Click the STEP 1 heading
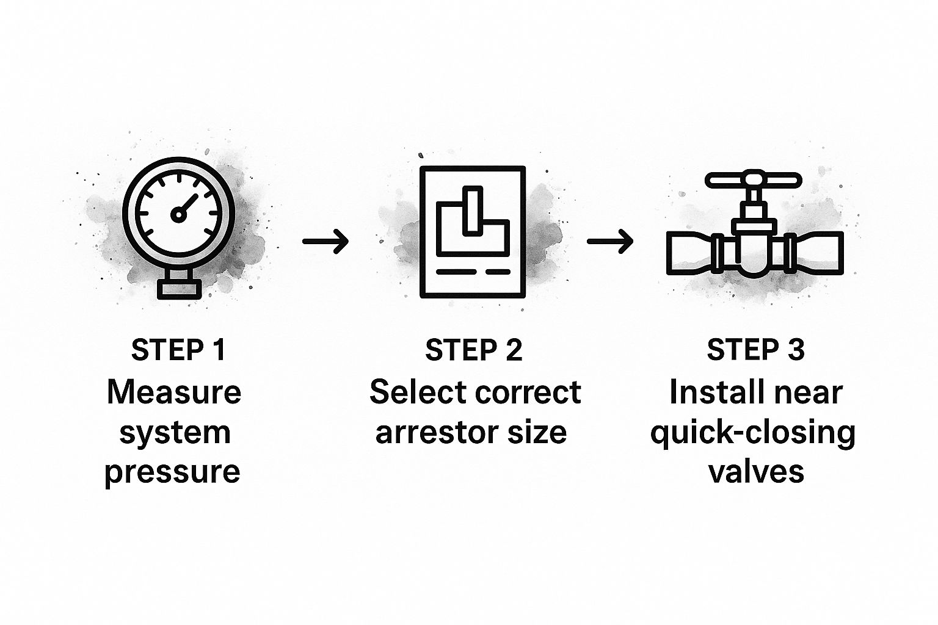(178, 350)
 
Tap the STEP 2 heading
(474, 350)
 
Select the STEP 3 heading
(755, 350)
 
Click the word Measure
(174, 392)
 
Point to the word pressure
(172, 472)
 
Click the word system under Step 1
(175, 433)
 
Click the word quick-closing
(752, 433)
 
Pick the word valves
(756, 472)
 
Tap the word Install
(711, 392)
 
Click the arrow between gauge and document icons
(325, 242)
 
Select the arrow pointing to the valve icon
(610, 242)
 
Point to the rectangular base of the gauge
(179, 288)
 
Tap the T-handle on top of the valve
(753, 181)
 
